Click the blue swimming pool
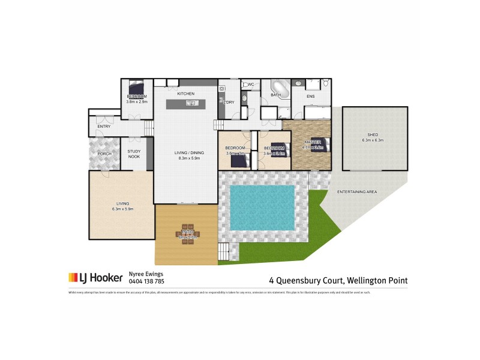pos(262,207)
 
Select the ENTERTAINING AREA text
pos(356,191)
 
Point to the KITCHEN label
pos(185,94)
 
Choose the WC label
pos(251,84)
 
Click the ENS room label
pos(310,96)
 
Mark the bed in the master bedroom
pos(318,145)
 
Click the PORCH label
pos(104,154)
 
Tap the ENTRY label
pos(103,126)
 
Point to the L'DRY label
pos(229,102)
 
